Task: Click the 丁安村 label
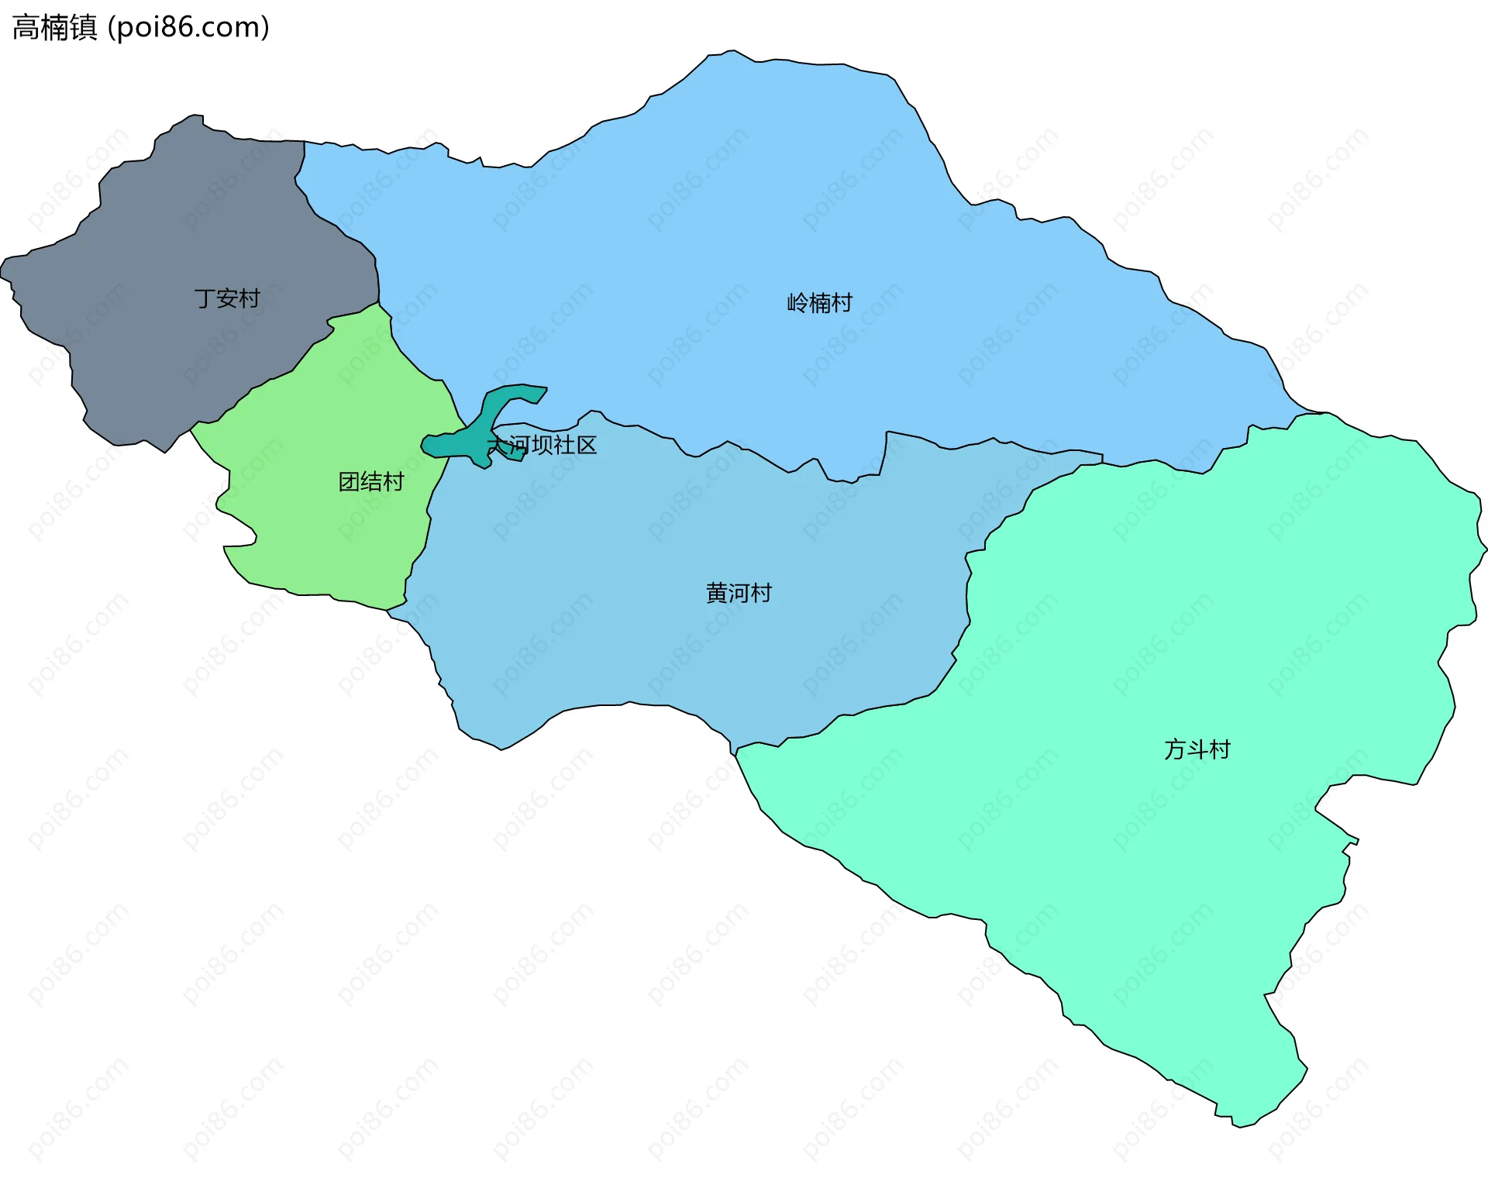(x=226, y=298)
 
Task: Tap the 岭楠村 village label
(x=819, y=302)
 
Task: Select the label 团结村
(x=371, y=482)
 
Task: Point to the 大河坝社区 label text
(x=542, y=445)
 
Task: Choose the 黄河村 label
(x=739, y=593)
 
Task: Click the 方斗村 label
(x=1197, y=749)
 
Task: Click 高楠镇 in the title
(x=55, y=27)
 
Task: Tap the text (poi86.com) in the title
(x=188, y=27)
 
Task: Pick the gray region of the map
(x=155, y=341)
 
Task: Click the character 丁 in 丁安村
(x=205, y=298)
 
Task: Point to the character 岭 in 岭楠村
(x=797, y=302)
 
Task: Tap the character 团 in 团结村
(x=350, y=482)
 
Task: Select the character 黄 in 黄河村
(x=717, y=593)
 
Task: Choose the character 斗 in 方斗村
(x=1197, y=749)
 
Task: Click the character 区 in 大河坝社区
(x=586, y=445)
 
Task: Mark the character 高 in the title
(x=26, y=27)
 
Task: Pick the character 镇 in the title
(x=84, y=27)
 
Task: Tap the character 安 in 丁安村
(x=226, y=298)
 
